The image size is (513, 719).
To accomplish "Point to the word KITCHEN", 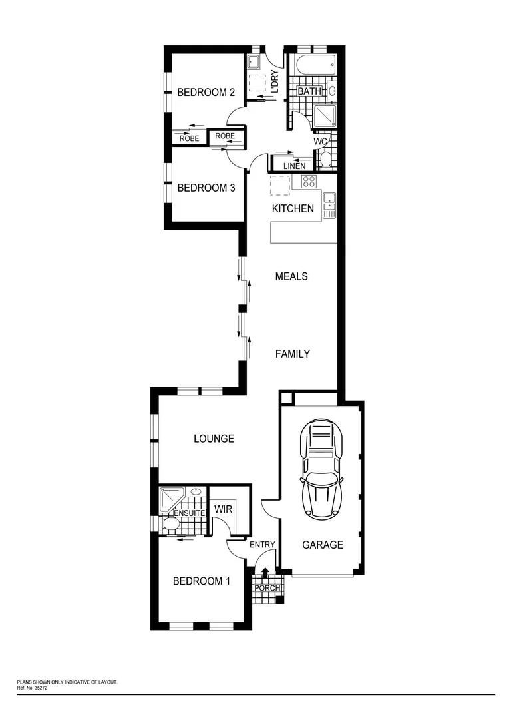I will pyautogui.click(x=293, y=208).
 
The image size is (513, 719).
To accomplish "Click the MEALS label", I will pyautogui.click(x=291, y=276).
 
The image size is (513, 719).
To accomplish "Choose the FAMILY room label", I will pyautogui.click(x=293, y=354).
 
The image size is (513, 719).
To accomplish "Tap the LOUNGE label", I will pyautogui.click(x=214, y=439).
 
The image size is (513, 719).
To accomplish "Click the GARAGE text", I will pyautogui.click(x=323, y=545).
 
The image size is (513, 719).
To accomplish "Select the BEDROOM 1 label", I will pyautogui.click(x=201, y=581).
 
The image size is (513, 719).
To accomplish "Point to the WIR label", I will pyautogui.click(x=222, y=509).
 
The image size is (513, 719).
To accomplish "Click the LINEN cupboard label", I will pyautogui.click(x=294, y=166).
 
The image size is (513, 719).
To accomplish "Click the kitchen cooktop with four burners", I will pyautogui.click(x=309, y=181).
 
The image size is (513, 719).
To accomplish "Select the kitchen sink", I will pyautogui.click(x=329, y=205).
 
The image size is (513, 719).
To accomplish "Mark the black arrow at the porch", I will pyautogui.click(x=265, y=572).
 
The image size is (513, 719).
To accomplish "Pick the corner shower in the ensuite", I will pyautogui.click(x=171, y=499).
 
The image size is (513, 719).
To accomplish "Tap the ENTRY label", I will pyautogui.click(x=262, y=545).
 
